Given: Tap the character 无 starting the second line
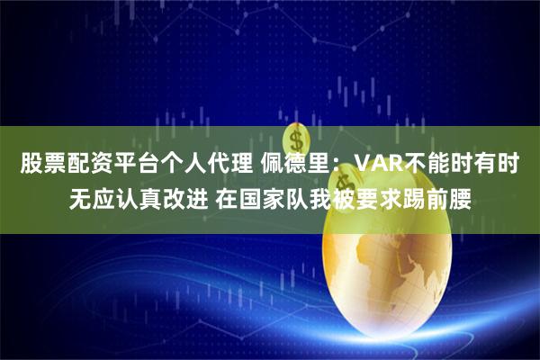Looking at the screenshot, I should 83,196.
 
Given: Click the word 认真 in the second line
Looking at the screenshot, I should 149,196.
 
